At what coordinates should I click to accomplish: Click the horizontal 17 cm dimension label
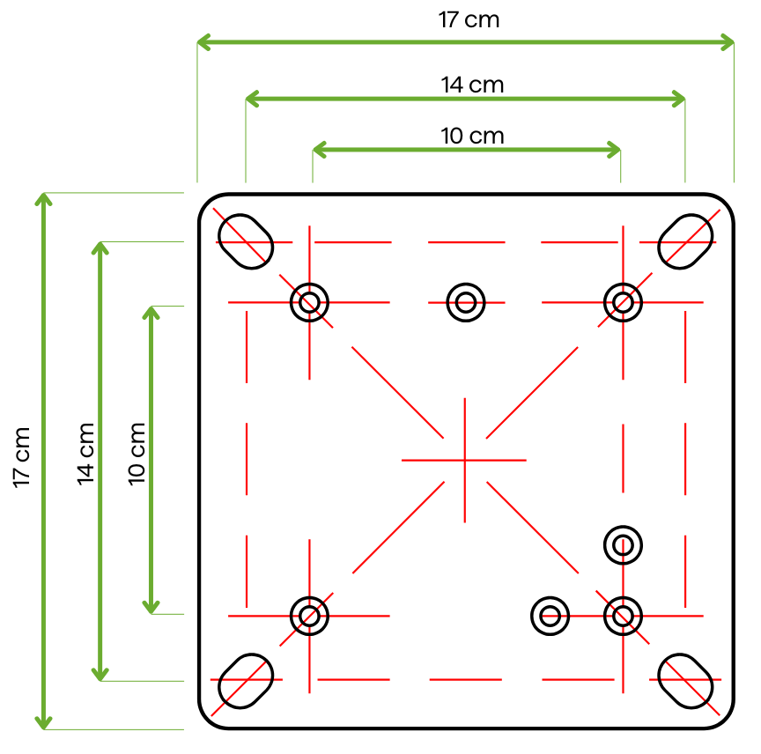pyautogui.click(x=469, y=19)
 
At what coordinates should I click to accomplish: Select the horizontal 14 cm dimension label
pyautogui.click(x=472, y=85)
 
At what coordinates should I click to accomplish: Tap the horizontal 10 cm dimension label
pyautogui.click(x=472, y=136)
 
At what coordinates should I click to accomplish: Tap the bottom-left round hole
pyautogui.click(x=309, y=615)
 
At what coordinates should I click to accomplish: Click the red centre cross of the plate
pyautogui.click(x=465, y=459)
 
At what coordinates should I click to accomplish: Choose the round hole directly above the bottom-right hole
pyautogui.click(x=623, y=543)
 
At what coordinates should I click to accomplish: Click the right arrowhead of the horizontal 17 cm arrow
pyautogui.click(x=728, y=41)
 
